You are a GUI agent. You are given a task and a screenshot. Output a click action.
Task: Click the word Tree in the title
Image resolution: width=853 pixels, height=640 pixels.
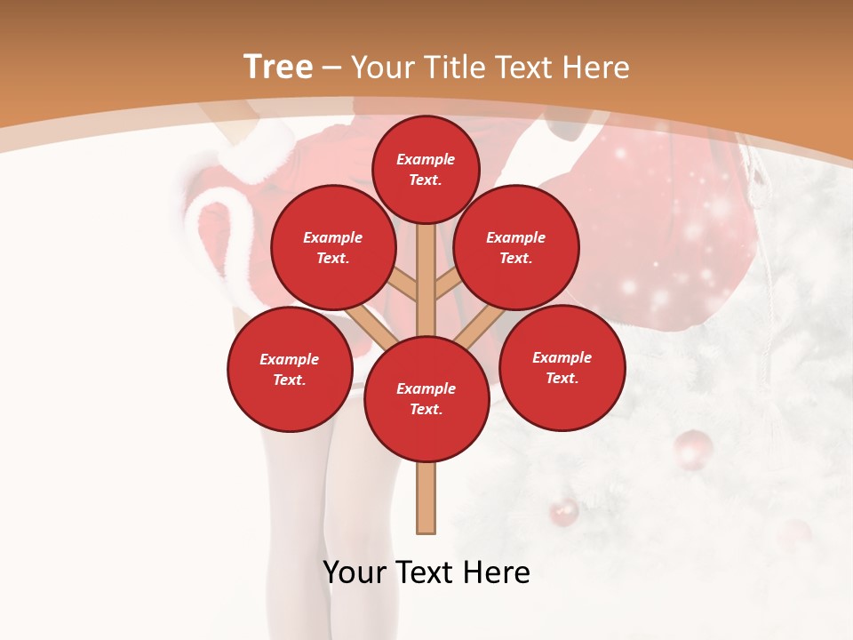(x=278, y=68)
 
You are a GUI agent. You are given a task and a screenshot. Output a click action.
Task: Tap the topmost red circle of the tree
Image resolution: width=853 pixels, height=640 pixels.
(x=426, y=169)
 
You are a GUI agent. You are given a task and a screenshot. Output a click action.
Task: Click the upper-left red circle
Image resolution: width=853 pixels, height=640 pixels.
(x=332, y=247)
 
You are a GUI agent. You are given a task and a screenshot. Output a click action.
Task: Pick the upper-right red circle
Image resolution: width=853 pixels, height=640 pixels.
(x=516, y=247)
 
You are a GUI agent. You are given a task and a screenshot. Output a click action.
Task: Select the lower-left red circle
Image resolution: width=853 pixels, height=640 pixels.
(x=290, y=369)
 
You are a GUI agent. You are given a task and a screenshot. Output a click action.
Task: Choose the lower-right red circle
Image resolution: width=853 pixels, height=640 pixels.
(x=562, y=367)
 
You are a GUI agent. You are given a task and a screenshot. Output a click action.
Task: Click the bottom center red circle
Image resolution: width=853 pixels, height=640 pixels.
(x=426, y=398)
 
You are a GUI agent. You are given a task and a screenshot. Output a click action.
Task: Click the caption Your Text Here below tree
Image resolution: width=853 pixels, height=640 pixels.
(x=426, y=572)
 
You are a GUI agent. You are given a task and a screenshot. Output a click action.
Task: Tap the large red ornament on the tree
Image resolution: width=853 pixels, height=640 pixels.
(x=694, y=449)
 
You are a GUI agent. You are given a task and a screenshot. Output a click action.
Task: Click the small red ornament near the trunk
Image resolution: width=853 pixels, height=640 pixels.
(x=563, y=513)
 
